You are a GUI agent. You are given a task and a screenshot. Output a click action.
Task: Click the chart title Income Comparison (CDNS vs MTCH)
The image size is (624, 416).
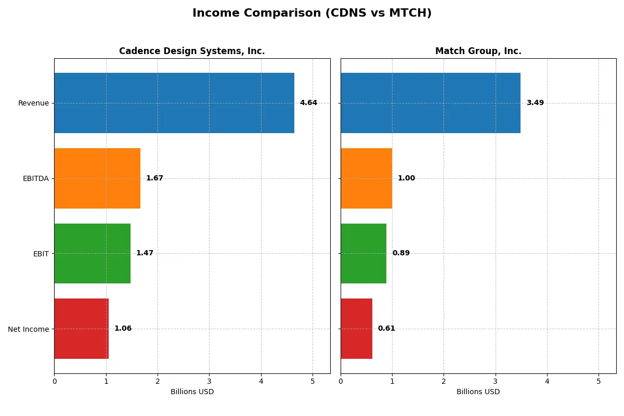[311, 14]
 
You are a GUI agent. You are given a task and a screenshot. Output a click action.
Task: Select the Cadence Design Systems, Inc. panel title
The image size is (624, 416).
[192, 51]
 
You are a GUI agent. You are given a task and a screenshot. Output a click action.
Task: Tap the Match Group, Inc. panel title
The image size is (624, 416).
[478, 51]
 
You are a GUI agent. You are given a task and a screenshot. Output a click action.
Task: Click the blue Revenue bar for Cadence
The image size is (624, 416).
[174, 103]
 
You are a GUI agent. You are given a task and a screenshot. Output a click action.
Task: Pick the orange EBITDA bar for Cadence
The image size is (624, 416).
[97, 178]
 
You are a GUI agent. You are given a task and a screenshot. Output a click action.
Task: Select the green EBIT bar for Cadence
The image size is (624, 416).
[92, 254]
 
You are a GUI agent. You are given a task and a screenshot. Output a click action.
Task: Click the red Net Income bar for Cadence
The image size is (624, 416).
[82, 329]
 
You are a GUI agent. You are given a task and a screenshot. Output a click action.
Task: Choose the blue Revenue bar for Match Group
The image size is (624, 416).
[431, 103]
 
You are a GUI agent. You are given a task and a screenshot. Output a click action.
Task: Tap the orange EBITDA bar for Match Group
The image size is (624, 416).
[366, 178]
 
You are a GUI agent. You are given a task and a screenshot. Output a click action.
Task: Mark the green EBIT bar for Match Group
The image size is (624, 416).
[363, 254]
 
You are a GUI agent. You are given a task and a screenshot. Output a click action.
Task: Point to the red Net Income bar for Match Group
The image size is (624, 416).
[356, 329]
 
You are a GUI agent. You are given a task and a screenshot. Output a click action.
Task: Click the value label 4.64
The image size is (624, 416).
[308, 103]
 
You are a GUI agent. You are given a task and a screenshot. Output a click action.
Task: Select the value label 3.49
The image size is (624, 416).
[535, 103]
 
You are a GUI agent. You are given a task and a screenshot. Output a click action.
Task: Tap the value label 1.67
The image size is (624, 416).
[154, 178]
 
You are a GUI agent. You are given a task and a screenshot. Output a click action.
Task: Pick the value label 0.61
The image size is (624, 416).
[386, 329]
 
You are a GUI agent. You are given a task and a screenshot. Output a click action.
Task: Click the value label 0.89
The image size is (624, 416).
[401, 253]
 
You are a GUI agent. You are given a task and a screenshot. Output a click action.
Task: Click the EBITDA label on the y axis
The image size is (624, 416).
[36, 178]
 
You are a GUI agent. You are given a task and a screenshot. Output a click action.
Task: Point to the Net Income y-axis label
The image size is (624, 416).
[29, 329]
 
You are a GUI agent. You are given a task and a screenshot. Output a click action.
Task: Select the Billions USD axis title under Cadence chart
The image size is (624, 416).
[192, 392]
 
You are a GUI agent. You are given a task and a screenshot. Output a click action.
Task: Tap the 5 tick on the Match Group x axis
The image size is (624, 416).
[599, 381]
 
